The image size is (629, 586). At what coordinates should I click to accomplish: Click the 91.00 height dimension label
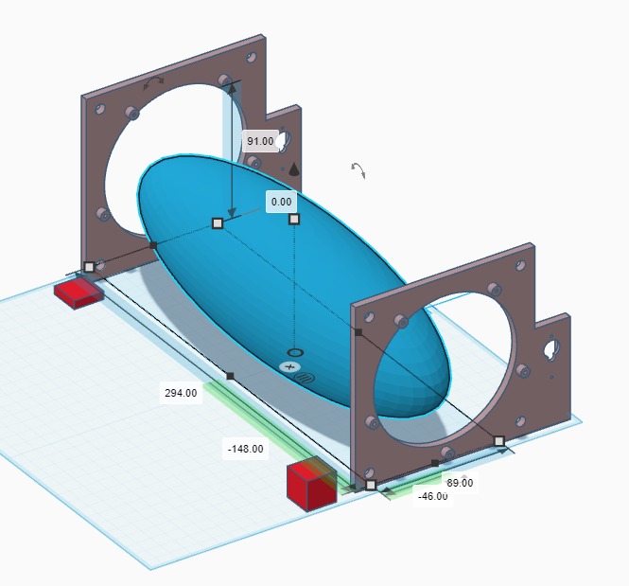point(260,141)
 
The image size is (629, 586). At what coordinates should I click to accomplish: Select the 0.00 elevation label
point(281,202)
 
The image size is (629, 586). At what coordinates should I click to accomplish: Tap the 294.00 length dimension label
point(181,393)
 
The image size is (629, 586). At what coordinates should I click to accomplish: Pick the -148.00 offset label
point(246,449)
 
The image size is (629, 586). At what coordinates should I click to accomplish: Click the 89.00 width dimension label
point(460,483)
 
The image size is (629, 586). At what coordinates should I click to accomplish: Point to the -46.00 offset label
point(433,496)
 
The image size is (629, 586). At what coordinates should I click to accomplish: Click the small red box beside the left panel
point(79,293)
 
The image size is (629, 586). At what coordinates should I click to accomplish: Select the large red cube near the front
point(312,486)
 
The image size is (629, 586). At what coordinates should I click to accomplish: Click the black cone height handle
point(294,169)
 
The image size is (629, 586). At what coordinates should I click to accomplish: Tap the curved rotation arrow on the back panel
point(154,81)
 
